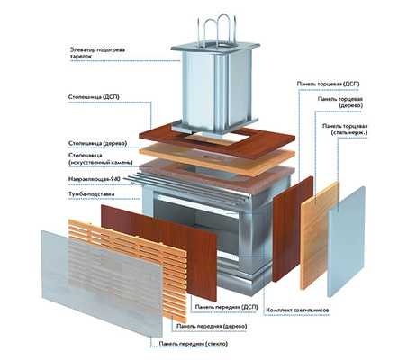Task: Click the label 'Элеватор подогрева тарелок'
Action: pos(97,53)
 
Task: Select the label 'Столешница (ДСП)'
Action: pos(94,97)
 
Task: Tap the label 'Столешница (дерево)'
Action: pos(98,144)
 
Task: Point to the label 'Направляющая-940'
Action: pos(95,179)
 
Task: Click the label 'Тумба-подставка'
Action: pos(92,194)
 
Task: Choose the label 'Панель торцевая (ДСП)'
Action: pos(328,84)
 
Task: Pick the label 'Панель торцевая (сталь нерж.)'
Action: pos(345,130)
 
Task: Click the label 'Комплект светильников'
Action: pos(297,310)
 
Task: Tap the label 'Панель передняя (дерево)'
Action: pos(212,326)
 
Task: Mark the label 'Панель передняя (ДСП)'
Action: pos(227,307)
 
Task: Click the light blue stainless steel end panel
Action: pos(347,241)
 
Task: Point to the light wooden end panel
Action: pos(321,236)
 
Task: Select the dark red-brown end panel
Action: pos(293,229)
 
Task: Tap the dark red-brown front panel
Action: pos(159,252)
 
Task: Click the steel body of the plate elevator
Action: pos(215,90)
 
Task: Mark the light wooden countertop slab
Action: pos(217,159)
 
